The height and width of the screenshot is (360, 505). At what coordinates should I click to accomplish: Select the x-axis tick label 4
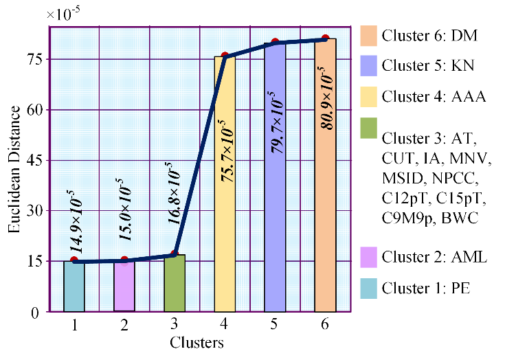[x=225, y=325]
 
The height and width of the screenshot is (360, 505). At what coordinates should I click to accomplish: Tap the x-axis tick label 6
[x=325, y=325]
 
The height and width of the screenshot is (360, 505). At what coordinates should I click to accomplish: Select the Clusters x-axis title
[x=199, y=341]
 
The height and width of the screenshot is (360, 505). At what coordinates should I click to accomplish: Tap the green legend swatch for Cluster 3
[x=368, y=128]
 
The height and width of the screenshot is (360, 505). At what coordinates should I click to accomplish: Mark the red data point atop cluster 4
[x=225, y=56]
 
